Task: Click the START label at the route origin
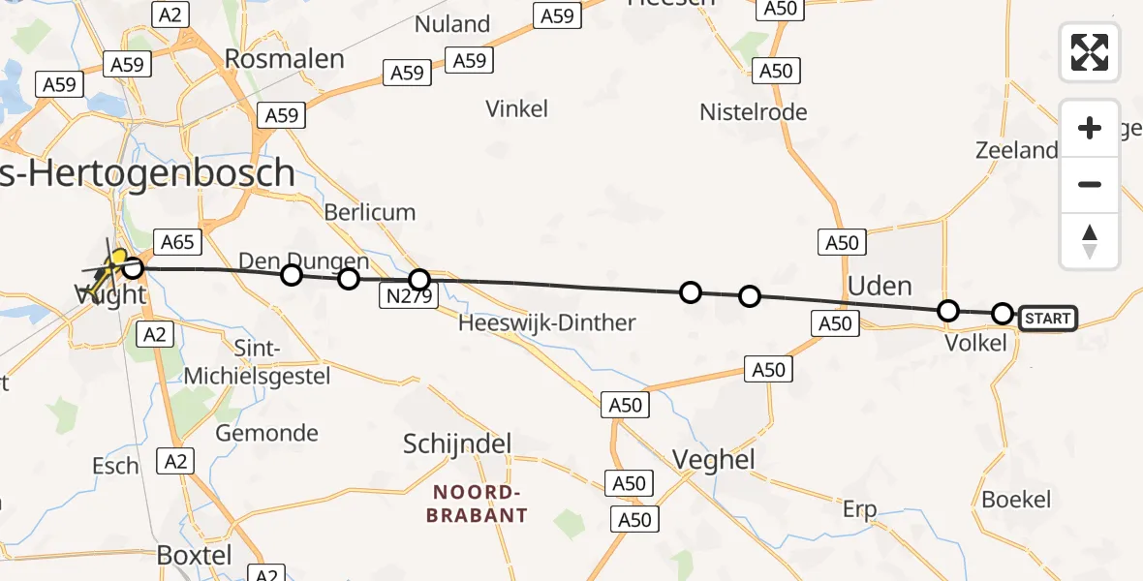click(x=1047, y=319)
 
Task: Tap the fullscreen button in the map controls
click(x=1090, y=52)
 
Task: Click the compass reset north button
click(x=1090, y=241)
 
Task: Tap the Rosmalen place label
click(x=284, y=59)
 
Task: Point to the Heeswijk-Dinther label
click(x=548, y=323)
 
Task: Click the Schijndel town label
click(x=457, y=443)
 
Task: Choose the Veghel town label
click(x=718, y=459)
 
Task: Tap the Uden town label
click(x=880, y=286)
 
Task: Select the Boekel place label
click(x=1016, y=500)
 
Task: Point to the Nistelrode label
click(x=753, y=112)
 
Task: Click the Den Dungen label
click(x=304, y=260)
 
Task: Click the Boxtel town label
click(x=194, y=556)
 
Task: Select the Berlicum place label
click(x=369, y=212)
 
